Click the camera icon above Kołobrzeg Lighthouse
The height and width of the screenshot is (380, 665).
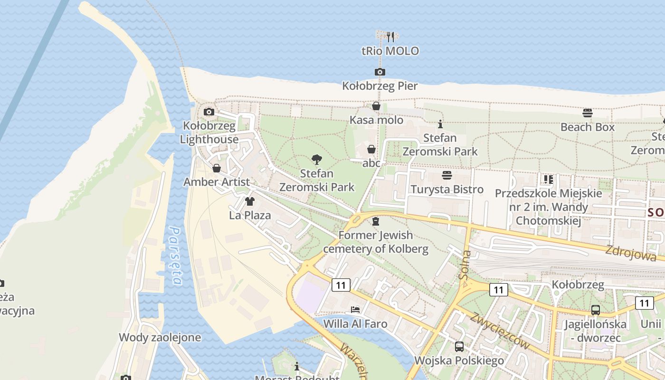click(x=209, y=112)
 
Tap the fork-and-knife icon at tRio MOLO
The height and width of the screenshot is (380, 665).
click(x=390, y=37)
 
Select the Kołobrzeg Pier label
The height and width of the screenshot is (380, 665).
click(x=380, y=86)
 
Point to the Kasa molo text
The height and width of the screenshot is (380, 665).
click(x=376, y=120)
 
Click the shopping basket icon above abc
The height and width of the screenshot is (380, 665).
click(x=371, y=150)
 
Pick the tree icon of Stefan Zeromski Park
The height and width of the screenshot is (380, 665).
click(x=317, y=160)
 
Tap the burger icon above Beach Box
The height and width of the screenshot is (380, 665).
click(x=588, y=113)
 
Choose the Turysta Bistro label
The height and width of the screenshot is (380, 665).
click(x=447, y=189)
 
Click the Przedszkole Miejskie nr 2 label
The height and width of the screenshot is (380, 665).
click(x=548, y=207)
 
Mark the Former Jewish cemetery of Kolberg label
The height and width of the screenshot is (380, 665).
click(x=375, y=242)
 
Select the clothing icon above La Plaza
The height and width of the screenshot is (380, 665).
click(x=249, y=201)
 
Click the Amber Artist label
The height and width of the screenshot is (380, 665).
click(x=217, y=182)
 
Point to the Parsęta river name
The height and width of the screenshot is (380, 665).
click(x=176, y=256)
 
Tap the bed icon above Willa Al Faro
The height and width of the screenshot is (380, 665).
click(x=355, y=310)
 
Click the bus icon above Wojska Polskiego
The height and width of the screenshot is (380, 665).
click(x=459, y=346)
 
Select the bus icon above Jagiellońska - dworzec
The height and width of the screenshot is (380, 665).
click(x=595, y=310)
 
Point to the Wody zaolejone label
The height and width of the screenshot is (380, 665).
click(x=160, y=338)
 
